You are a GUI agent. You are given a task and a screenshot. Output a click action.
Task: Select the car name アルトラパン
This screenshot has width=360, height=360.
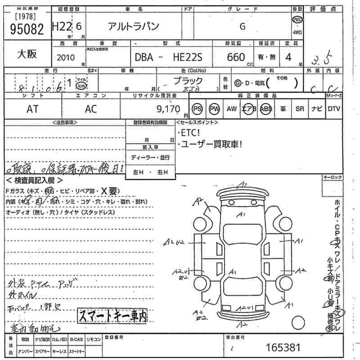click(133, 27)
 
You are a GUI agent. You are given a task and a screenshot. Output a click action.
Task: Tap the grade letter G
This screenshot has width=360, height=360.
click(243, 27)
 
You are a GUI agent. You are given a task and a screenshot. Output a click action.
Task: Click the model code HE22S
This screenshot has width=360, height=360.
click(191, 57)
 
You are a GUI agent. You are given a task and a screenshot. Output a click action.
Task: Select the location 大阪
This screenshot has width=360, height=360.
click(27, 55)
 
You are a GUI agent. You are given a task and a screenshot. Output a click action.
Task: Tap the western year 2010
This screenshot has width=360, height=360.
click(67, 58)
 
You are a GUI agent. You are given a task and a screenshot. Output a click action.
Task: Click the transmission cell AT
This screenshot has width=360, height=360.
click(32, 108)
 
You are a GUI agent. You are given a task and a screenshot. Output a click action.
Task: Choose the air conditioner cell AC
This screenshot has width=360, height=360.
click(91, 108)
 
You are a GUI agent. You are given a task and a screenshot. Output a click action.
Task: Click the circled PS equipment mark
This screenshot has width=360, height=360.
click(197, 109)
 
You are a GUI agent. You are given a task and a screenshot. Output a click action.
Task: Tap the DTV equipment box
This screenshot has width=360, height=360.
click(334, 109)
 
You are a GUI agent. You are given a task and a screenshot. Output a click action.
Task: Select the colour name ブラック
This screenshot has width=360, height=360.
click(188, 81)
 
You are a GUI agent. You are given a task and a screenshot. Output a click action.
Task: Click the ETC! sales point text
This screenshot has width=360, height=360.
click(189, 133)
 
